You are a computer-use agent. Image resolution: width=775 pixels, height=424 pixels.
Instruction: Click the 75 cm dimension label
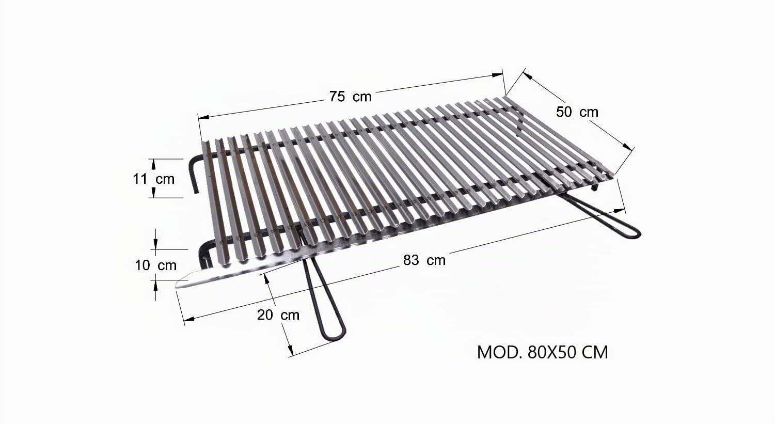350,97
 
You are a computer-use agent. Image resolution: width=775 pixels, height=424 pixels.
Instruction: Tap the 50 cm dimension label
577,112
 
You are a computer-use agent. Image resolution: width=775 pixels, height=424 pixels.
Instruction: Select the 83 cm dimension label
424,260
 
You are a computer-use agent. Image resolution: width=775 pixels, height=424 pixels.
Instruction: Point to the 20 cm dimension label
278,315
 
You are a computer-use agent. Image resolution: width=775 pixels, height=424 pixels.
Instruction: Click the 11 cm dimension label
154,179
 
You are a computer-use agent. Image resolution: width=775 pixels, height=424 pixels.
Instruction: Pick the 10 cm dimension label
156,265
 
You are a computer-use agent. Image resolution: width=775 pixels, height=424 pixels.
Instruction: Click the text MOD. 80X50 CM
543,353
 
